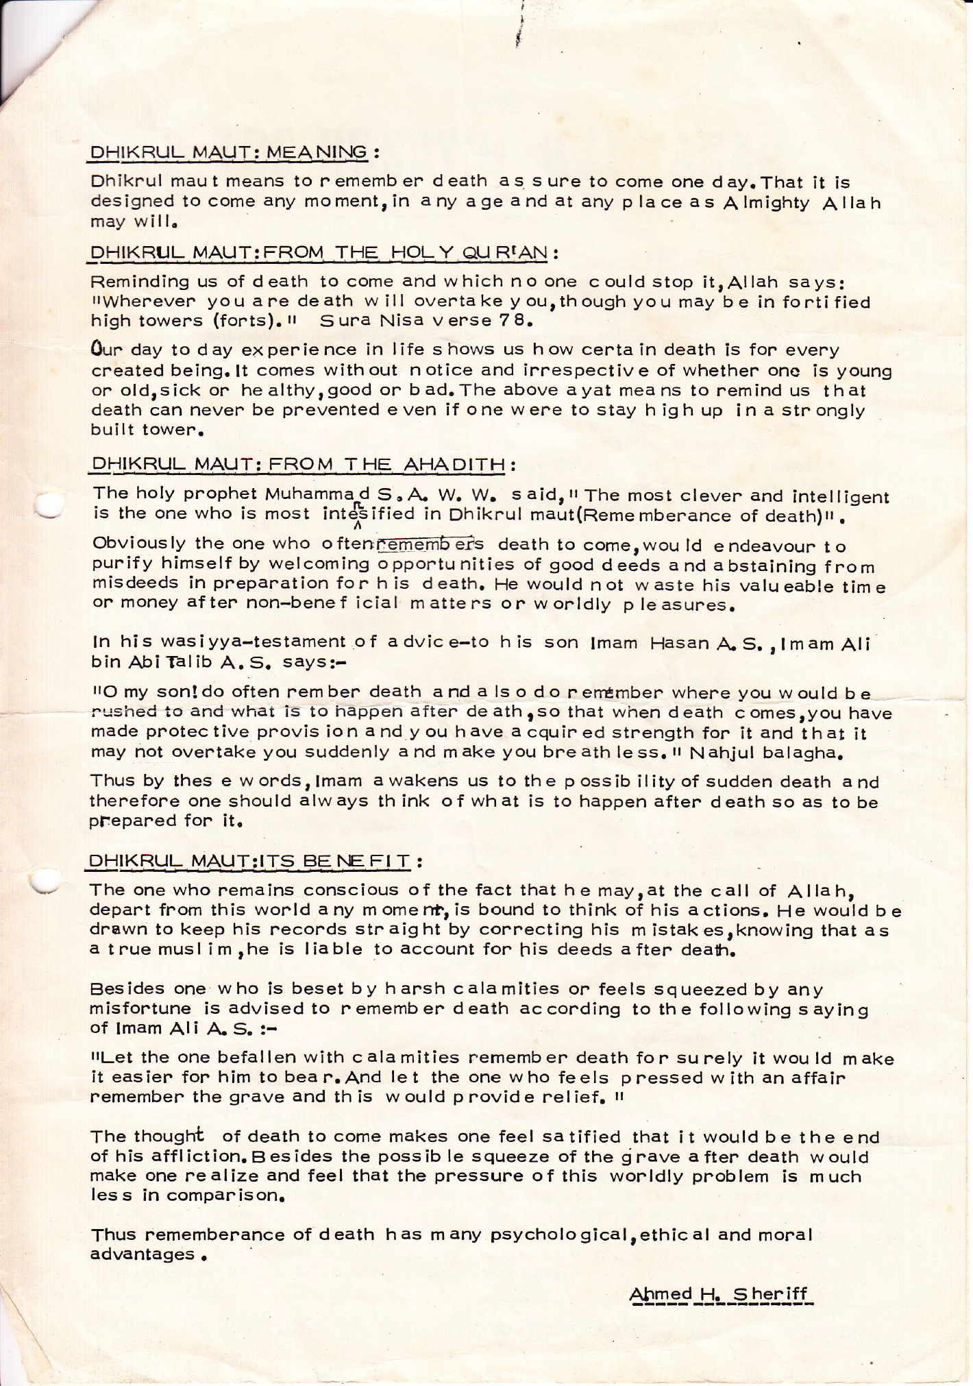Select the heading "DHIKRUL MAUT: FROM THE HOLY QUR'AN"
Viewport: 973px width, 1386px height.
click(x=319, y=252)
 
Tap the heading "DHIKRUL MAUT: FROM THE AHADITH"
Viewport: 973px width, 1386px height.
click(x=299, y=465)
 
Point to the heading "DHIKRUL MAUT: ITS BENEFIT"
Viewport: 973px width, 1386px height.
click(x=249, y=860)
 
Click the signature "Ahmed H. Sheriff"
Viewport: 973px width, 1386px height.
click(x=719, y=1294)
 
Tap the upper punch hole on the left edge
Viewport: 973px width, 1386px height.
click(x=48, y=505)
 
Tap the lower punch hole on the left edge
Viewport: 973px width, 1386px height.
click(x=47, y=880)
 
